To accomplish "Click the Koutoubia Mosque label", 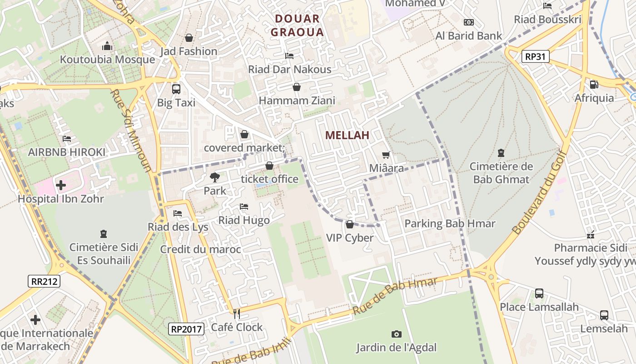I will (107, 60).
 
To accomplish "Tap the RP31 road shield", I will (536, 57).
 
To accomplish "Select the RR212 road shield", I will (45, 281).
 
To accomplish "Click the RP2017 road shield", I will (186, 329).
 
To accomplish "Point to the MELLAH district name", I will (347, 135).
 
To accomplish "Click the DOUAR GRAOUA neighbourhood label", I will (297, 25).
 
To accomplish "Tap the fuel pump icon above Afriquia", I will (593, 84).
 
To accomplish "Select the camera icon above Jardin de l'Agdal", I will (396, 334).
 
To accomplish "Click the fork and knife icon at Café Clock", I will (236, 314).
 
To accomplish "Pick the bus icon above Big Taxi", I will (176, 89).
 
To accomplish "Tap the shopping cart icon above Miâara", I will (386, 155).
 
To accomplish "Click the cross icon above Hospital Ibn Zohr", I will (61, 185).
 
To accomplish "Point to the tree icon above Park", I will (214, 177).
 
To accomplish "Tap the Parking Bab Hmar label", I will (450, 223).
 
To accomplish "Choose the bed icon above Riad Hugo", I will (244, 207).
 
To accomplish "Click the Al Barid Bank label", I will (469, 36).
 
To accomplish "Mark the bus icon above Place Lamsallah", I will (539, 293).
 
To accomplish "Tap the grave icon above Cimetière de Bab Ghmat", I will (501, 153).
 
